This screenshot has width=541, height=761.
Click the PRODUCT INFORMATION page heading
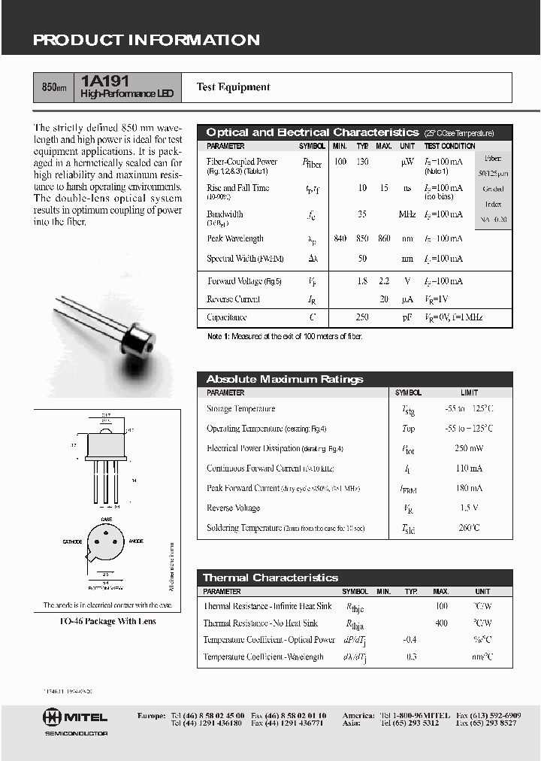(146, 41)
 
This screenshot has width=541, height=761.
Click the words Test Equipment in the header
(233, 87)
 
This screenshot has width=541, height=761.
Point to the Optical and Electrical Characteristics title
(312, 132)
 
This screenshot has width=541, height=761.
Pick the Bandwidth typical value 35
(362, 214)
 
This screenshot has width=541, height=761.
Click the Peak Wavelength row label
(234, 239)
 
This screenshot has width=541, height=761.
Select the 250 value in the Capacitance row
(362, 318)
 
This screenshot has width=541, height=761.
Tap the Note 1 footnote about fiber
(285, 337)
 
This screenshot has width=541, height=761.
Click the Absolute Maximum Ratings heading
(284, 380)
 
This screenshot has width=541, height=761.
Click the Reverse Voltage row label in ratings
(233, 508)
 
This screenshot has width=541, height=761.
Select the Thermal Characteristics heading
(270, 578)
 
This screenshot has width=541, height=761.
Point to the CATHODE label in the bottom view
(72, 541)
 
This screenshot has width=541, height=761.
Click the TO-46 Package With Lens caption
(107, 622)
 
